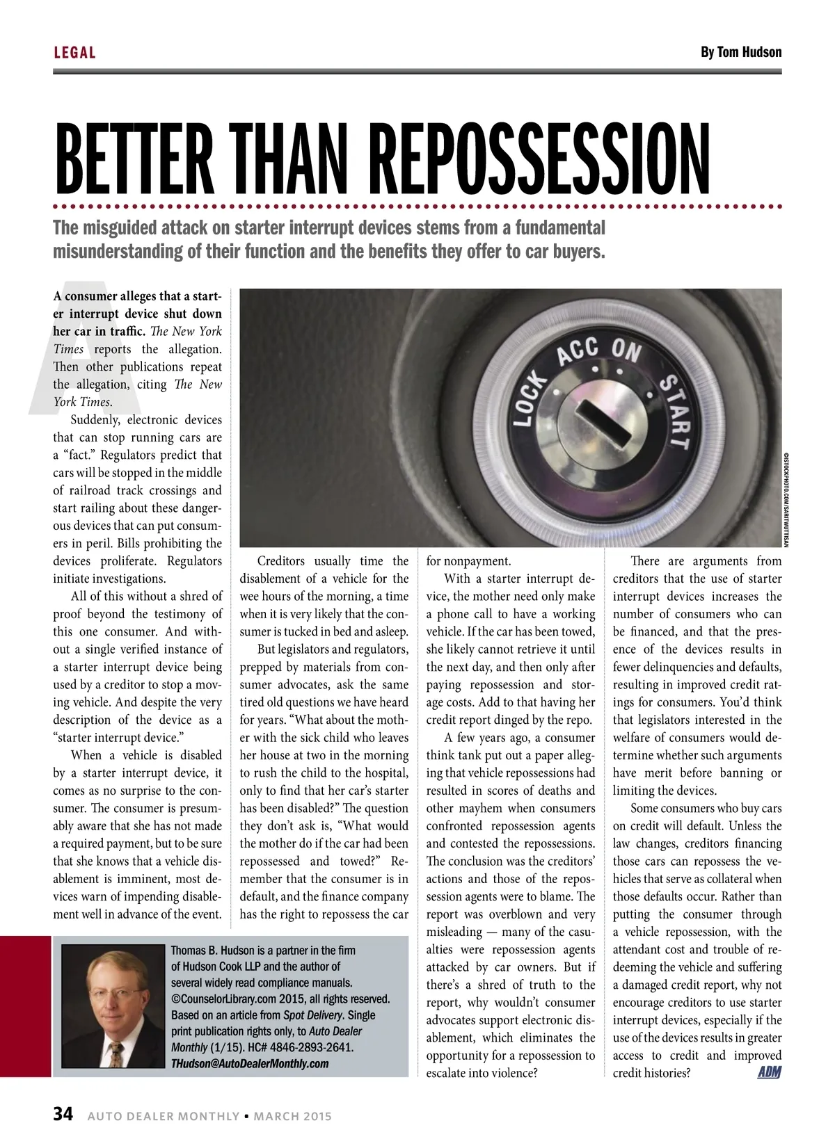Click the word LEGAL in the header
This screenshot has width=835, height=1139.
click(74, 53)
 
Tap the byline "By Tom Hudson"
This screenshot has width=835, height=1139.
click(740, 52)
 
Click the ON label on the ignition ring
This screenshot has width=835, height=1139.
click(626, 350)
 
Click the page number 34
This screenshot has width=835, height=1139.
click(63, 1115)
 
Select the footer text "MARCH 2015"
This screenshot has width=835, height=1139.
click(292, 1116)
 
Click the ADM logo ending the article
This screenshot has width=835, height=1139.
click(769, 1072)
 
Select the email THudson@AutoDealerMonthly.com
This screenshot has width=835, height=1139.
click(250, 1063)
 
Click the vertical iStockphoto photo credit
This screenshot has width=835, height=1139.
click(786, 497)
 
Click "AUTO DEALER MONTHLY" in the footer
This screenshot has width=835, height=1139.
click(164, 1116)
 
